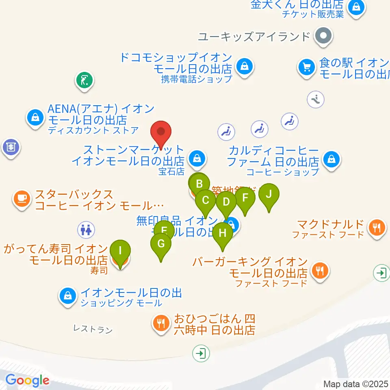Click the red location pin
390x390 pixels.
(x=161, y=132)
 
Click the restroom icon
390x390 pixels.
(x=86, y=230)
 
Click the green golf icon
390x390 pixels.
(x=84, y=80)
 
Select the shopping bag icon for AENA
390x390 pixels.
(x=35, y=118)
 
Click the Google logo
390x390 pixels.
(x=28, y=380)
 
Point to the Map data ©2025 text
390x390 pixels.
(x=356, y=384)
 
